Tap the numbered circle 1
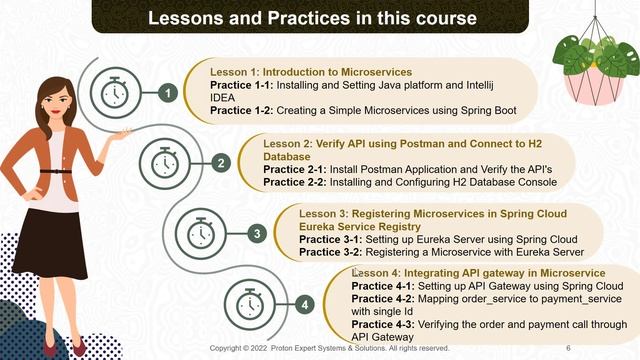[169, 93]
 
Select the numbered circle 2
[221, 163]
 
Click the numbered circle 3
[256, 233]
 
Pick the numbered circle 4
[304, 303]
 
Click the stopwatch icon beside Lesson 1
[115, 93]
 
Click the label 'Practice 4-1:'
[384, 285]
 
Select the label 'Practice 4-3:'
[384, 326]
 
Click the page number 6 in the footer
[568, 349]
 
